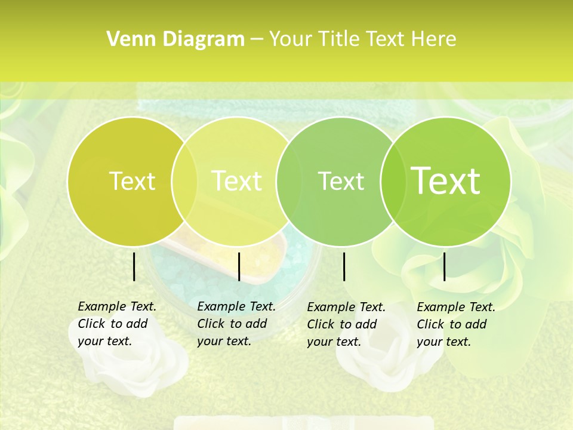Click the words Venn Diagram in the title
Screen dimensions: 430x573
coord(175,39)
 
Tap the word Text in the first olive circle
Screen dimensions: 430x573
coord(132,181)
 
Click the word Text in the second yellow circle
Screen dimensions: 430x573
coord(236,181)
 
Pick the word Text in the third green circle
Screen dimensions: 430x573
coord(341,181)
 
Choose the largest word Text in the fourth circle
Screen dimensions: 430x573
coord(446,181)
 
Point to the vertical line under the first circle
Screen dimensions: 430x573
coord(134,266)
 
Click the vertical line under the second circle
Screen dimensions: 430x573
coord(239,266)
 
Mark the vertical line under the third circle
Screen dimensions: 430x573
coord(344,266)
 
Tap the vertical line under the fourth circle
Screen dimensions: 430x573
coord(444,266)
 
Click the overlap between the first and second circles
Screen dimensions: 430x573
coord(184,182)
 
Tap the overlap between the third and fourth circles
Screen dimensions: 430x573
coord(390,182)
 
